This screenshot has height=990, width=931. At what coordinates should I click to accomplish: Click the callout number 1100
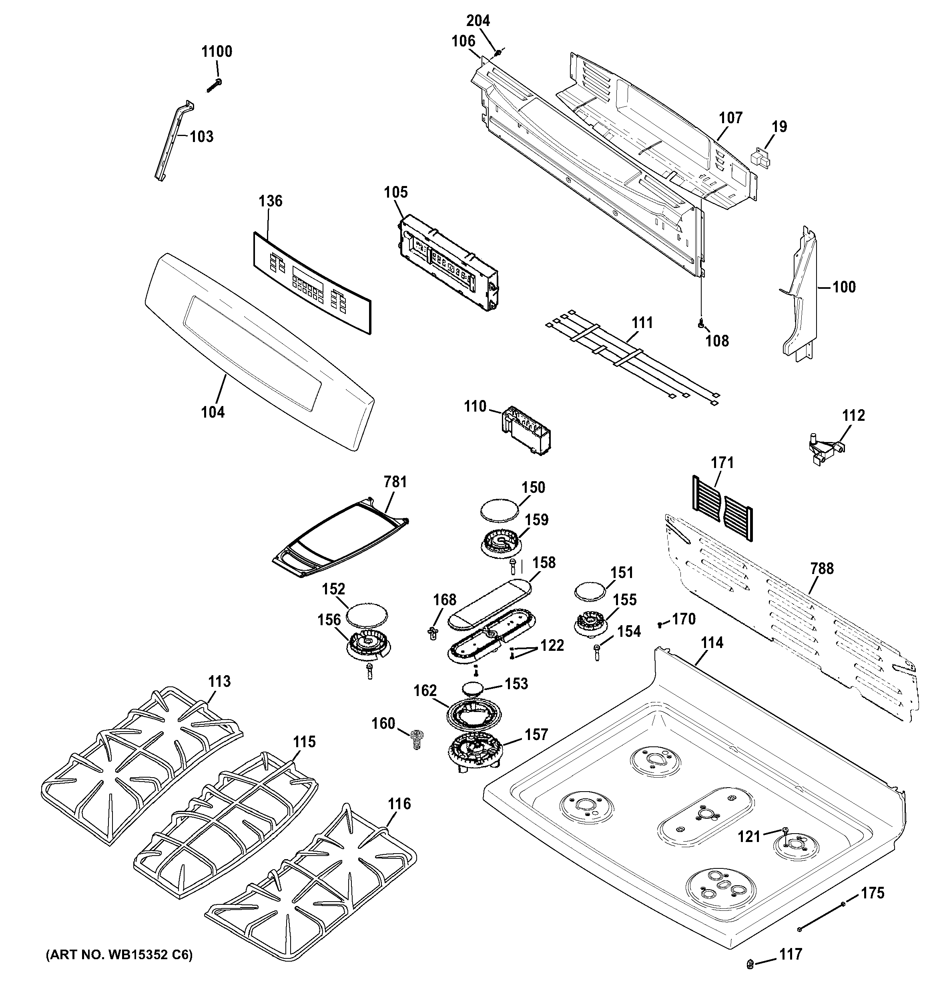[217, 51]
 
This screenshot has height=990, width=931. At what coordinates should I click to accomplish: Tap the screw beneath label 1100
[214, 86]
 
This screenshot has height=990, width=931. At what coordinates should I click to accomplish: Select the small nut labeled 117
[750, 965]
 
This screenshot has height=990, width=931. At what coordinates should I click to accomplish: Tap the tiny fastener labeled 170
[660, 624]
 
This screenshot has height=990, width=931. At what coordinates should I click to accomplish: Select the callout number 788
[821, 568]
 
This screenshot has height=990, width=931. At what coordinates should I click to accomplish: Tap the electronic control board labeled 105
[449, 262]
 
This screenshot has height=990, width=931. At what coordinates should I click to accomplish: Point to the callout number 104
[213, 412]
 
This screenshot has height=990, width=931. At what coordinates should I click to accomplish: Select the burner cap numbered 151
[591, 593]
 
